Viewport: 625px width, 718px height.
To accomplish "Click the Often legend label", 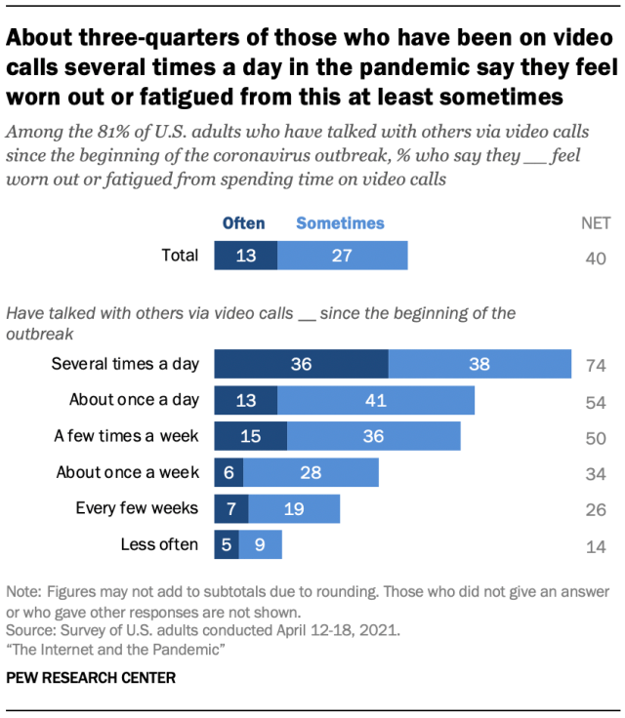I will [x=243, y=223].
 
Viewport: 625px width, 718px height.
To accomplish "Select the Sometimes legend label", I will [x=340, y=223].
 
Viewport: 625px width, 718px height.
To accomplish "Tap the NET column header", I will [x=596, y=223].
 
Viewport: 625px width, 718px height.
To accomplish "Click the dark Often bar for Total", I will [x=246, y=257].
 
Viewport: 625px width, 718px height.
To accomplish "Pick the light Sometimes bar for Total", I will [x=342, y=257].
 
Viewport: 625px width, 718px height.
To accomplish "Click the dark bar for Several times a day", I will [x=301, y=364].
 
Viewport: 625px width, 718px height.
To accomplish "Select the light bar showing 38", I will [x=479, y=364].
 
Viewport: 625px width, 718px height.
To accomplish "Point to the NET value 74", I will [x=597, y=365].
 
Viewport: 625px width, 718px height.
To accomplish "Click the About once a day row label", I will [x=134, y=400].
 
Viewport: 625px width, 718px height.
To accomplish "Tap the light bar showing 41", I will [x=376, y=400].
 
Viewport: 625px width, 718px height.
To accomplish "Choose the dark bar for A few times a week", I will [x=250, y=436].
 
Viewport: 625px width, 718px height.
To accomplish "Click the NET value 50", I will [x=597, y=437].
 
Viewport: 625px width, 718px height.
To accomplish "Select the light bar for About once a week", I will [x=311, y=472].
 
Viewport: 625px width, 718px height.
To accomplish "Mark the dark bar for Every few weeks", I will [x=231, y=508].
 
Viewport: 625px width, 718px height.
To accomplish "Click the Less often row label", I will [x=159, y=544].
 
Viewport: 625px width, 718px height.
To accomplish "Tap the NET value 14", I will [x=597, y=545].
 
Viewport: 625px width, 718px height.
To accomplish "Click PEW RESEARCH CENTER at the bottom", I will [x=91, y=676].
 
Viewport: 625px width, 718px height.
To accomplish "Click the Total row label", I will [x=179, y=257].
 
